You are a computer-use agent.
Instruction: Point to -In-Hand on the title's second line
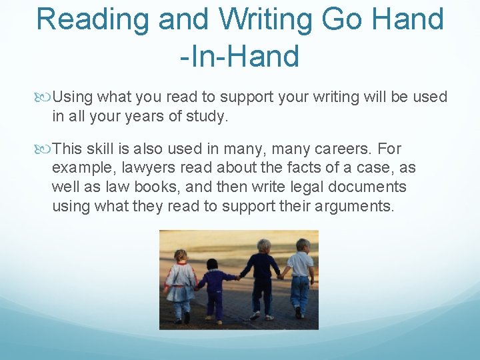coord(239,57)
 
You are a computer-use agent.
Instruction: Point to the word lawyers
coord(147,168)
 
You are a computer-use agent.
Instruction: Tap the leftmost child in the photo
coord(180,283)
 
